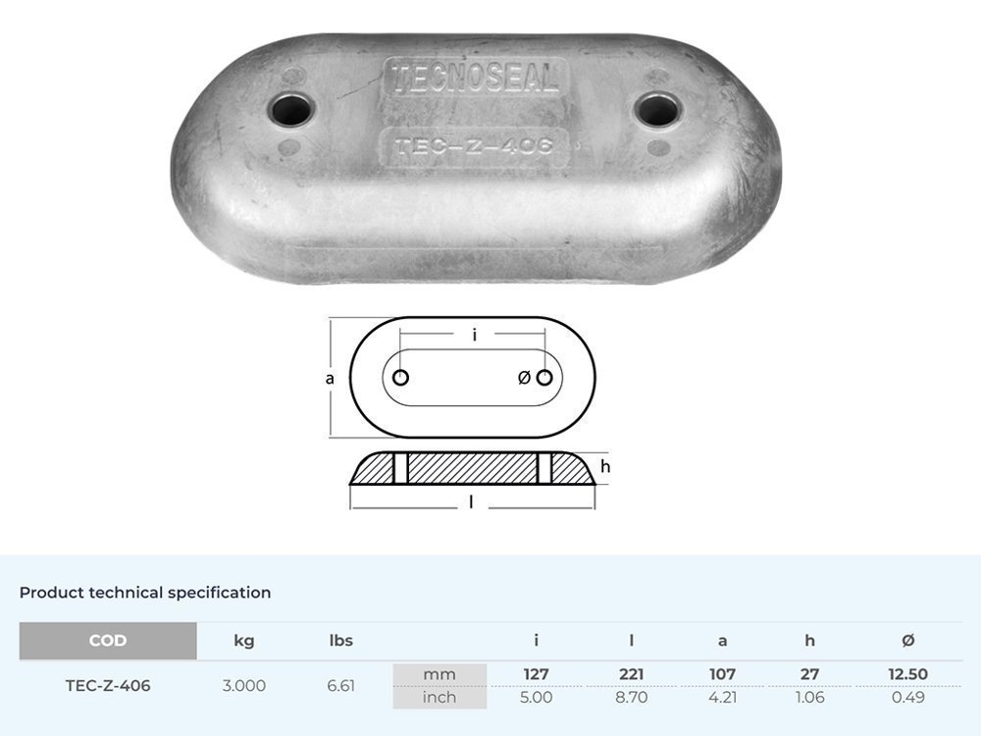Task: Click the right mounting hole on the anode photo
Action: tap(656, 109)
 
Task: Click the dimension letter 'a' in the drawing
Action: tap(332, 378)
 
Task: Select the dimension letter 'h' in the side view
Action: tap(605, 467)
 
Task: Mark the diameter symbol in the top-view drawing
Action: tap(523, 378)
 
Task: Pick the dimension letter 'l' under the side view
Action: tap(472, 502)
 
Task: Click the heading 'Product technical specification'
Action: tap(145, 593)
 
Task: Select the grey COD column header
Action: tap(108, 641)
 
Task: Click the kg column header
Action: tap(243, 641)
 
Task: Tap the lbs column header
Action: tap(340, 641)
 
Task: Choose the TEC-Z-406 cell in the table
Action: tap(108, 686)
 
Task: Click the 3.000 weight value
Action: tap(243, 686)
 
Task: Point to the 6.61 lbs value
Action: tap(340, 686)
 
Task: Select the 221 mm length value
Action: tap(632, 674)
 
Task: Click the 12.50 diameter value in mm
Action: tap(907, 674)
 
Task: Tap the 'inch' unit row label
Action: tap(439, 698)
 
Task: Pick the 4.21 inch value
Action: tap(722, 698)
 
